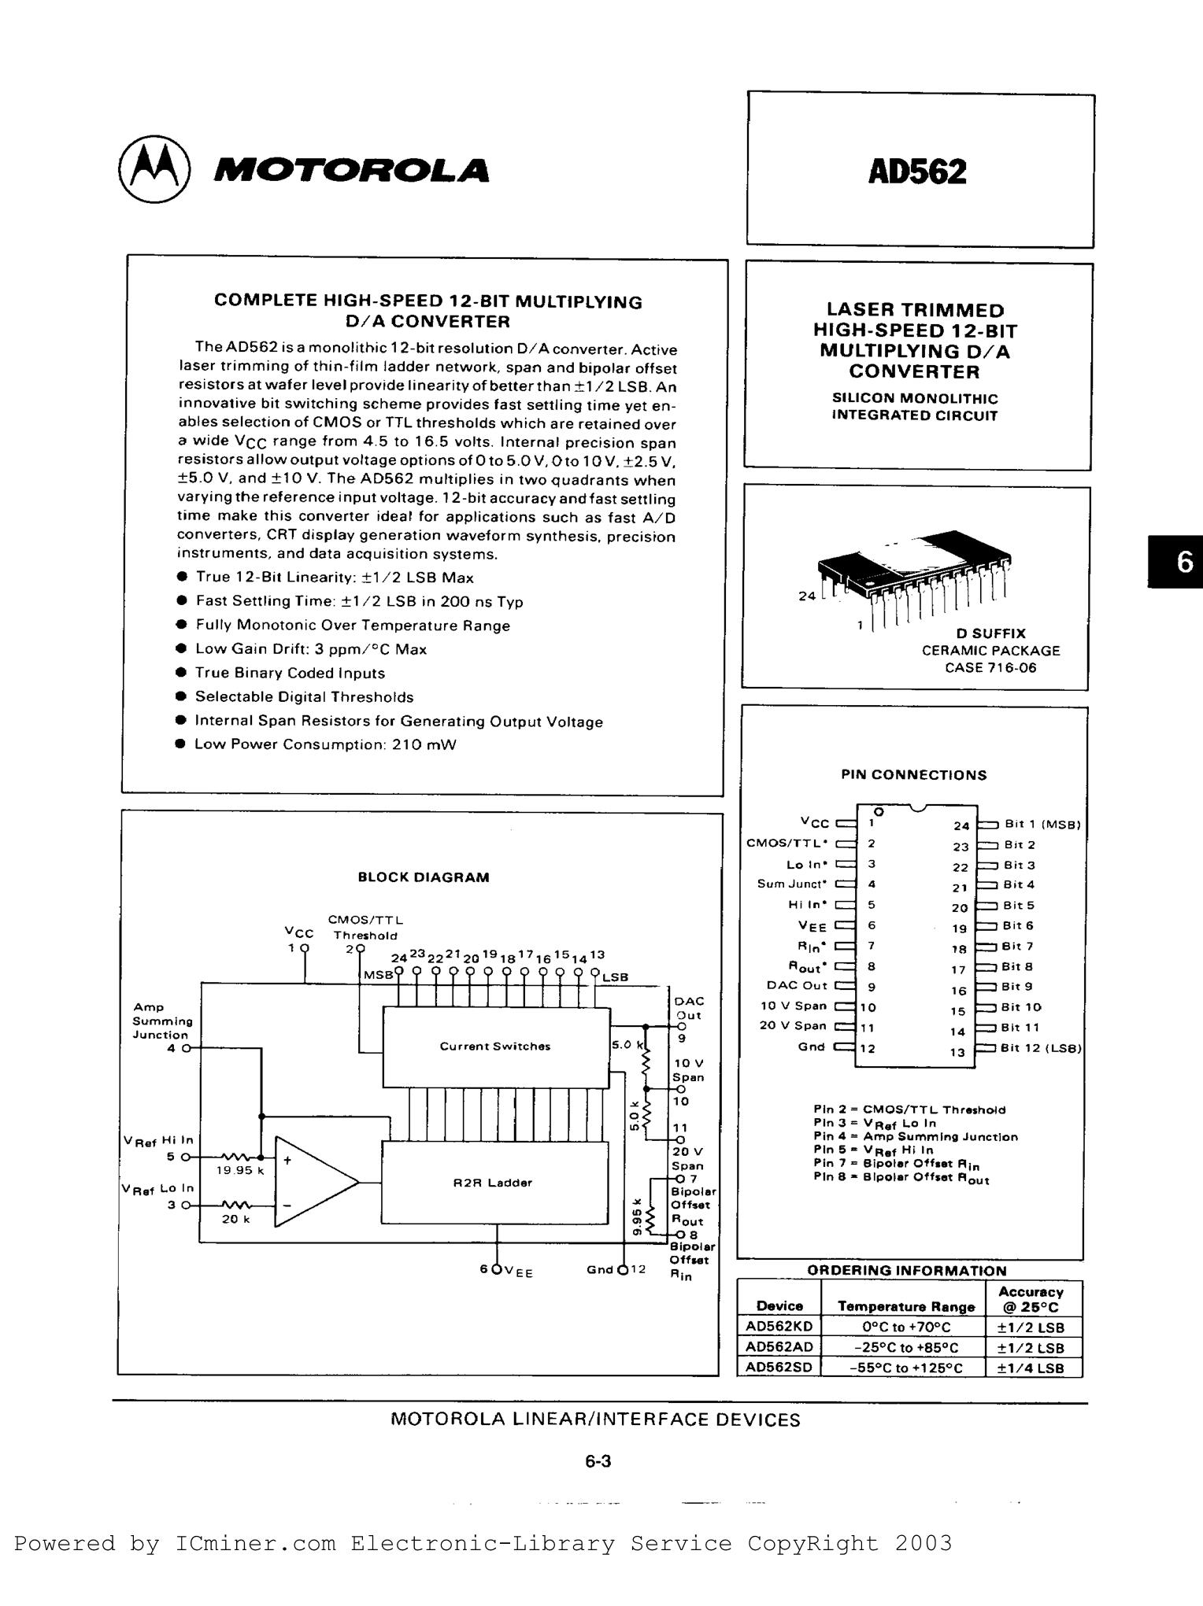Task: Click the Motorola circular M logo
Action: [154, 171]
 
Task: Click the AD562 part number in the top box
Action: [917, 171]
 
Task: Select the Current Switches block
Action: [495, 1047]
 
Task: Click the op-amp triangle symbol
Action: [313, 1181]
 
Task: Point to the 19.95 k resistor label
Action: [240, 1170]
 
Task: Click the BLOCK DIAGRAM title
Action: [424, 877]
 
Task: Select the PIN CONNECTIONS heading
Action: [913, 775]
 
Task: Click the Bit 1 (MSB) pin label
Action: [1042, 825]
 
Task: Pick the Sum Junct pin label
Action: [792, 884]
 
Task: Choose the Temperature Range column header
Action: [906, 1307]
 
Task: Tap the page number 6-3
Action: [598, 1462]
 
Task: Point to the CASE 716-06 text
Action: [990, 668]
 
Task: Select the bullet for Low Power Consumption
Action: [180, 744]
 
